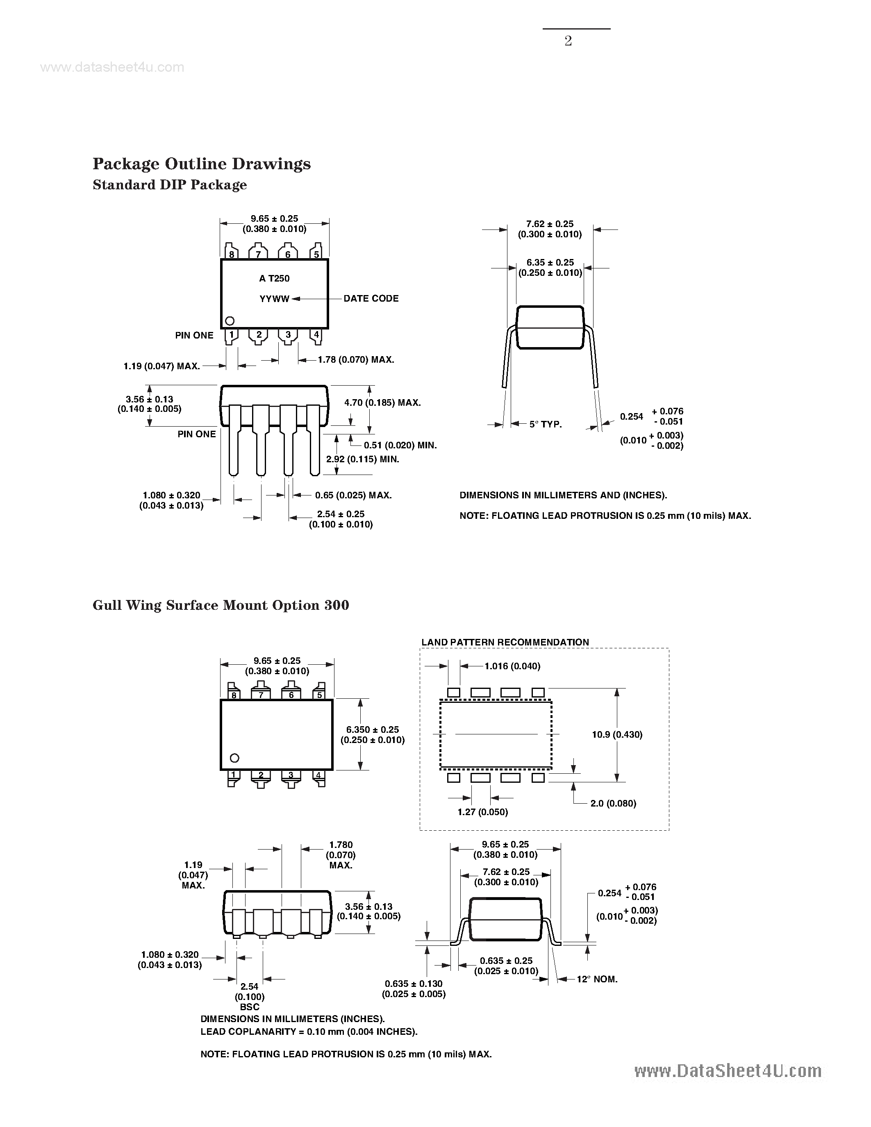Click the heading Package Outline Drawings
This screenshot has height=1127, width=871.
point(201,164)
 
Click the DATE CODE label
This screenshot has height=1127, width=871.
point(371,298)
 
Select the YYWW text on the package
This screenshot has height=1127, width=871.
point(274,299)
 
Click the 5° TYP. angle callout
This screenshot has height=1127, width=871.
point(546,424)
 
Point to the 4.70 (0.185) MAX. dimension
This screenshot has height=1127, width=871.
point(382,402)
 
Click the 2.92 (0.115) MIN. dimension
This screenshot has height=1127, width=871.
point(363,459)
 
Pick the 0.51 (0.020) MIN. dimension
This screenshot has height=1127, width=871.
point(400,445)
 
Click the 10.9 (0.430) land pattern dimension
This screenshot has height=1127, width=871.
point(616,734)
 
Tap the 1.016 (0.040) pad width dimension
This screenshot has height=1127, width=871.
point(512,666)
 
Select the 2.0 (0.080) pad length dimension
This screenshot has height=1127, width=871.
point(613,804)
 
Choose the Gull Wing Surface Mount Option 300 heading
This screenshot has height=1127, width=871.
point(221,605)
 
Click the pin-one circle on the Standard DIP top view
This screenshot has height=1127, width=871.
point(230,321)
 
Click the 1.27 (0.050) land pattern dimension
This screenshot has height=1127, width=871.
point(482,812)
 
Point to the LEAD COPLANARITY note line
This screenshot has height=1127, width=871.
point(309,1032)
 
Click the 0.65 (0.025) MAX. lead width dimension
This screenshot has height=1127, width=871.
point(353,495)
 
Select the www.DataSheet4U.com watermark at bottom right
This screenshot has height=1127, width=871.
point(728,1071)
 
